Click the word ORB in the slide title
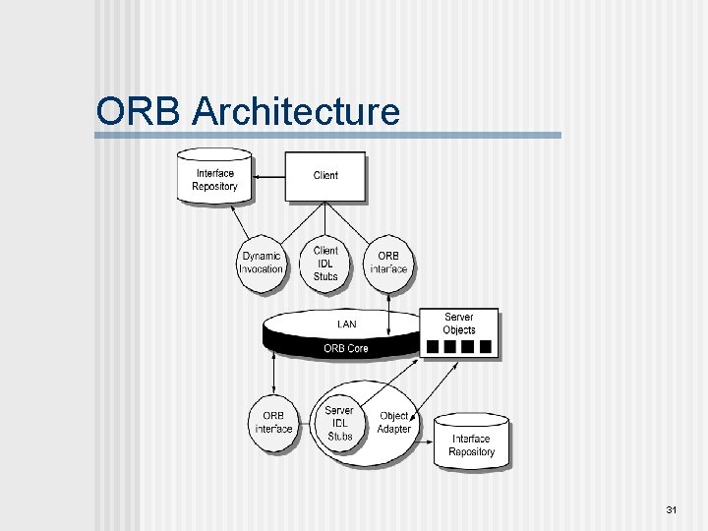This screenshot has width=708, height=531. [x=140, y=111]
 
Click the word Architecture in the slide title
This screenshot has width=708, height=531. [x=296, y=111]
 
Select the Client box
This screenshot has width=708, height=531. [x=325, y=176]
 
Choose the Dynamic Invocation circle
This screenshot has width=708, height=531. [x=262, y=264]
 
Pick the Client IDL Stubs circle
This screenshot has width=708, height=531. [x=325, y=264]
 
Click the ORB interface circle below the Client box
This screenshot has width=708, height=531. [x=387, y=263]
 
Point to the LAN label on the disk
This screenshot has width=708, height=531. [x=347, y=324]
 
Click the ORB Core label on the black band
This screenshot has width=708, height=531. [x=347, y=348]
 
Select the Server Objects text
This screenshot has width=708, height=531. [x=459, y=324]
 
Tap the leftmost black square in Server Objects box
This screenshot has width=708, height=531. [x=432, y=346]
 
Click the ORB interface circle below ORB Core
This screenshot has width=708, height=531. [x=274, y=422]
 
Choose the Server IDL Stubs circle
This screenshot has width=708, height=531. [x=339, y=423]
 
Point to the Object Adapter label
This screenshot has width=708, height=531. [x=393, y=422]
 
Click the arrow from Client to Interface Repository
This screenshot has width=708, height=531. [x=268, y=175]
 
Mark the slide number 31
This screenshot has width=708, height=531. [x=672, y=510]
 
